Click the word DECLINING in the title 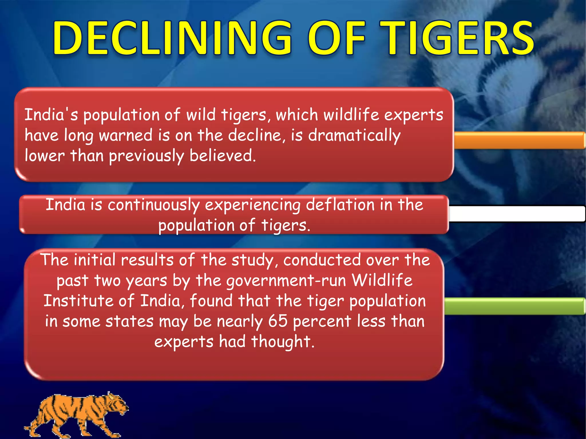(172, 38)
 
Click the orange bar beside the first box (519, 140)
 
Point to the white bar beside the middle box (516, 214)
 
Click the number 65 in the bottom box (278, 321)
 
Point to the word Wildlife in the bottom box (382, 280)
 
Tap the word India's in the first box (51, 115)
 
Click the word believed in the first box (223, 156)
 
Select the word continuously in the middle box (153, 205)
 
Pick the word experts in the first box (413, 115)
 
